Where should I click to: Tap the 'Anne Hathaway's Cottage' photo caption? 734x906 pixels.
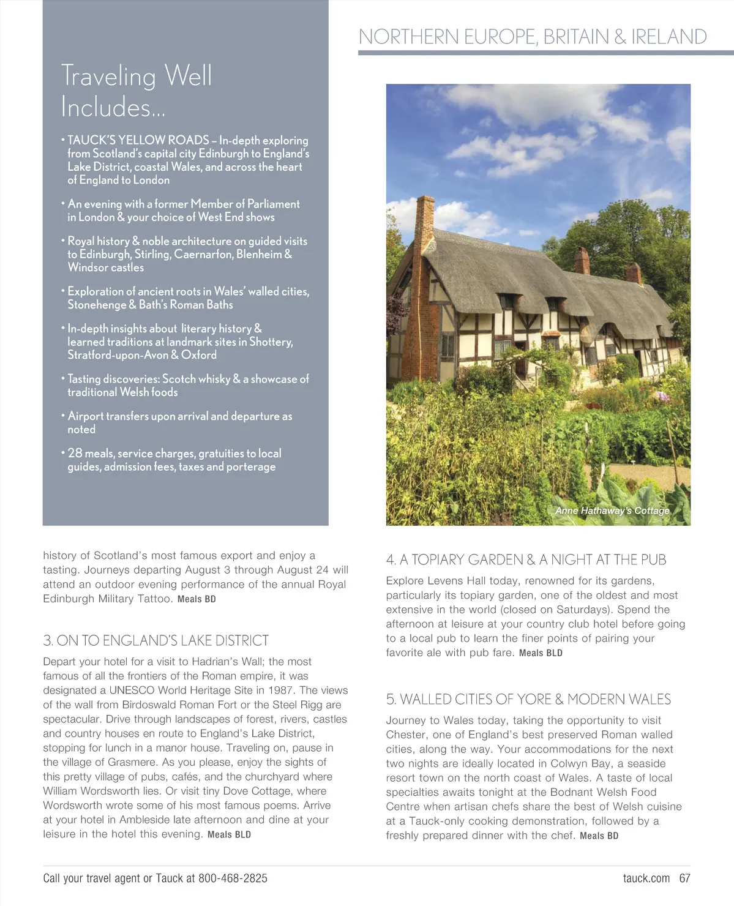pos(612,511)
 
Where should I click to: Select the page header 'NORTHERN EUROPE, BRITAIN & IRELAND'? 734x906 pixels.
pos(533,37)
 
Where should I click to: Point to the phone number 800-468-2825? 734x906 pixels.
pos(233,878)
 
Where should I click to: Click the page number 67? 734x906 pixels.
pos(684,878)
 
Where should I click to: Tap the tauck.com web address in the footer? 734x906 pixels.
pos(646,878)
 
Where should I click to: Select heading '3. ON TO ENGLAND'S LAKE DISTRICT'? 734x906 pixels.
pos(156,640)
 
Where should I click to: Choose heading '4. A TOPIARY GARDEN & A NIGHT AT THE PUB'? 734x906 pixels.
pos(526,560)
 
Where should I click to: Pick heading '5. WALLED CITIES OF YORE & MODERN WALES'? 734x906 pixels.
pos(528,699)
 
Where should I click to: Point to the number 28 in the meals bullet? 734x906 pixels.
pos(75,454)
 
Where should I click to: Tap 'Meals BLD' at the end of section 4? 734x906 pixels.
pos(541,653)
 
